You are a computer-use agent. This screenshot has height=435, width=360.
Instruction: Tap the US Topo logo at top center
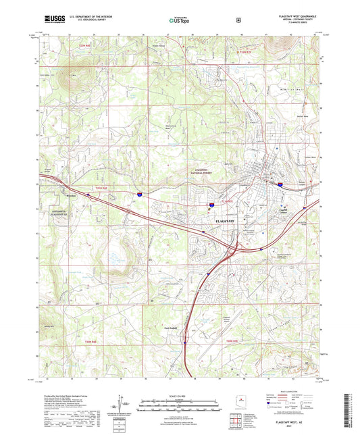pos(178,21)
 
